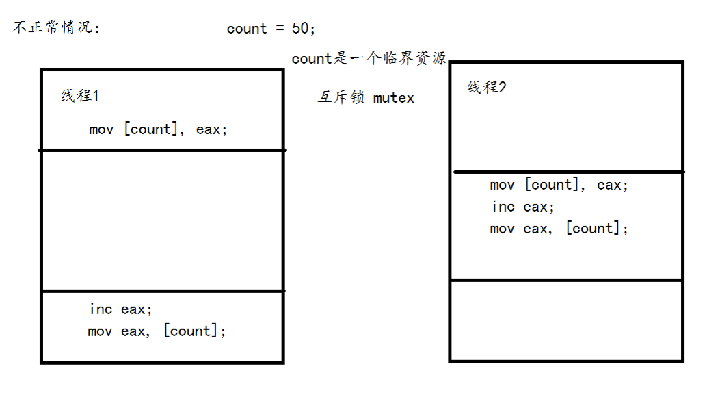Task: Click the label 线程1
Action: tap(80, 96)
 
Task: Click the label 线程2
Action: tap(487, 88)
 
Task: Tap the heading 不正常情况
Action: tap(55, 29)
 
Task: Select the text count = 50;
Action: tap(271, 29)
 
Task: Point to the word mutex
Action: tap(394, 98)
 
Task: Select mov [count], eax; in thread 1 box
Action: tap(158, 129)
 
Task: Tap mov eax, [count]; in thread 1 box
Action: tap(157, 331)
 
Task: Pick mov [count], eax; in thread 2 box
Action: tap(559, 185)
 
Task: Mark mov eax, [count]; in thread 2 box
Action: tap(559, 229)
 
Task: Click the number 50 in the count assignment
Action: tap(301, 29)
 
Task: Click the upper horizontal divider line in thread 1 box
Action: tap(162, 149)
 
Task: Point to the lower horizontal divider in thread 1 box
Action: tap(162, 291)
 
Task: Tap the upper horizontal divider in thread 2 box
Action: tap(567, 172)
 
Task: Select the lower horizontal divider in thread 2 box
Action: tap(567, 279)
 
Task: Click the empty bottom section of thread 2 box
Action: tap(567, 319)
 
